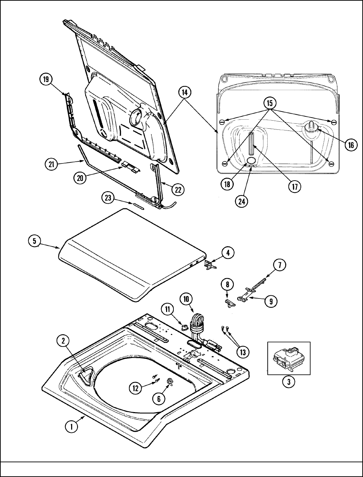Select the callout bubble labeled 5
tap(34, 241)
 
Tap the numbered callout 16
tap(351, 145)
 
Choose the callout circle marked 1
tap(71, 426)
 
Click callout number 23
tap(108, 198)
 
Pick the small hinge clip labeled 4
tap(209, 265)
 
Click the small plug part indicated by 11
tap(184, 327)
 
